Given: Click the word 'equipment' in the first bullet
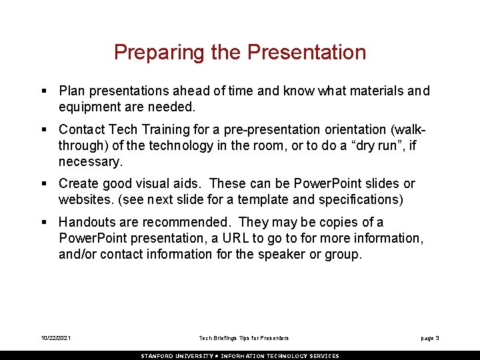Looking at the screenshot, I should [x=87, y=107].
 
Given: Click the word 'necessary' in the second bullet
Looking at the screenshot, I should [x=87, y=161].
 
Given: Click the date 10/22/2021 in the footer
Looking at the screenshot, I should [x=55, y=339].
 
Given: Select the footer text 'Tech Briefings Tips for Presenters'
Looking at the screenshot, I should [x=244, y=339].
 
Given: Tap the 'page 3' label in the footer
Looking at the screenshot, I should [x=429, y=339].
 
